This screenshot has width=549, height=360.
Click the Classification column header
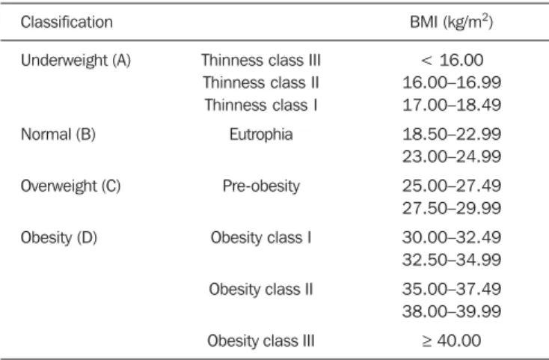pos(67,22)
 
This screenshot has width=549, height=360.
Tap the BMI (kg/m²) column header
pos(451,22)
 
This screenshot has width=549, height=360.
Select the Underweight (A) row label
pos(76,60)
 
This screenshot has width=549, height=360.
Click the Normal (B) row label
pos(58,135)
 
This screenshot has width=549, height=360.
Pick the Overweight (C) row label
pos(71,186)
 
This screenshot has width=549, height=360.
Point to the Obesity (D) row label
pos(59,238)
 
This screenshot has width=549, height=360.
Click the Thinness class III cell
pos(261,60)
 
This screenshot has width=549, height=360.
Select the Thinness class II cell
pos(261,82)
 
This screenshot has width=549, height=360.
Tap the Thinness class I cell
pos(261,105)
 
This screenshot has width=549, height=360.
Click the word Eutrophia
pos(261,135)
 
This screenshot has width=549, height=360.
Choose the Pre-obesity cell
pos(261,186)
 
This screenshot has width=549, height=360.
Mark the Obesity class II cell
pos(261,289)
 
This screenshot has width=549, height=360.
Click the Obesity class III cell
pos(261,341)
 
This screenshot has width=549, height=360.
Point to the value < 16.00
pos(452,60)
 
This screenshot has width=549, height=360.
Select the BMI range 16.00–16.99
pos(452,82)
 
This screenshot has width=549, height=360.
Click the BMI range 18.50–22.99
pos(452,135)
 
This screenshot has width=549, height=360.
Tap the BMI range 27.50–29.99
pos(452,208)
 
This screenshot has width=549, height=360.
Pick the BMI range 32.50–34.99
pos(452,260)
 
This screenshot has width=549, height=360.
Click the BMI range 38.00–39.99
pos(452,311)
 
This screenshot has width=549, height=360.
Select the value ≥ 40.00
pos(452,341)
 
